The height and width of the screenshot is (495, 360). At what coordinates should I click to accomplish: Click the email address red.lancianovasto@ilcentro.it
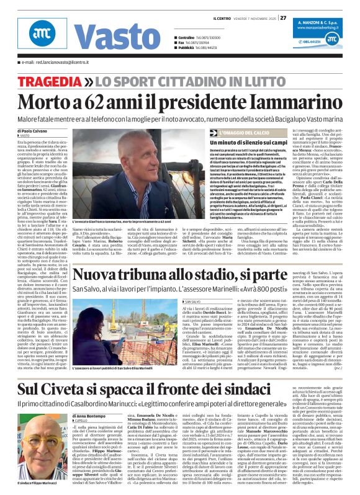[62, 63]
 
